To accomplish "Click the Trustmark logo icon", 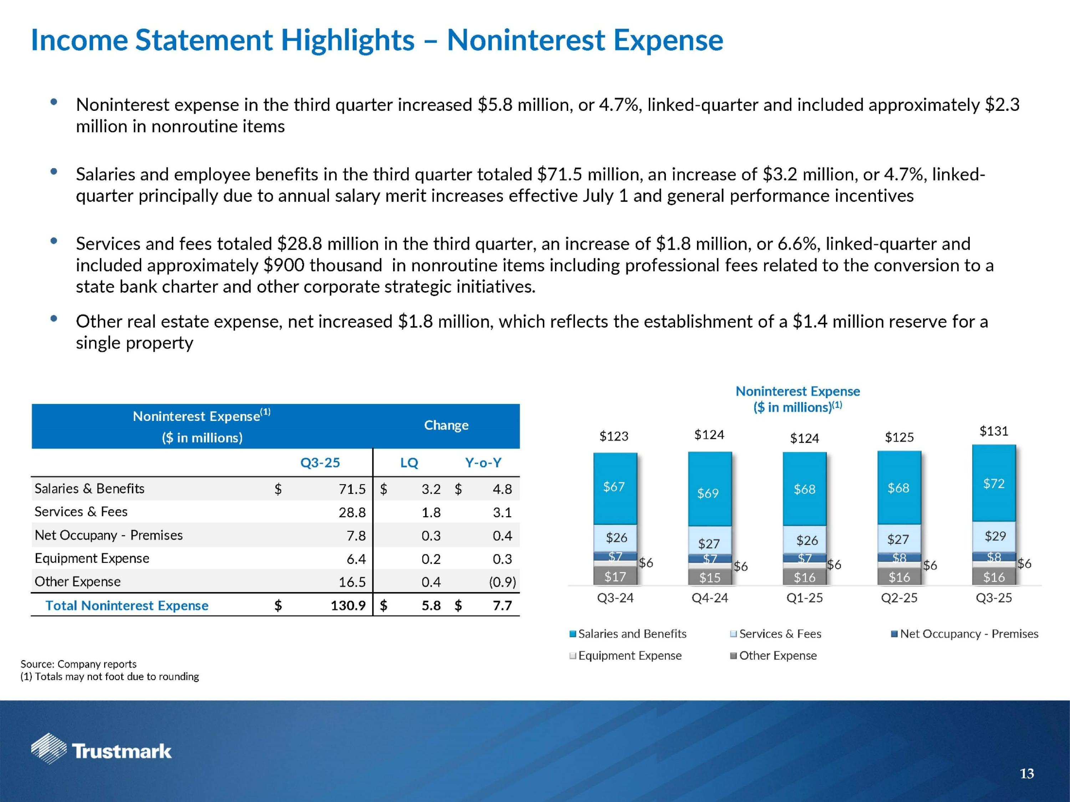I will (49, 748).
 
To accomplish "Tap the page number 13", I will (1026, 774).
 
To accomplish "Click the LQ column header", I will (409, 463).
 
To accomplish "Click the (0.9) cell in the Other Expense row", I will (502, 582).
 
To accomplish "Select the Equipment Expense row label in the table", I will (92, 558).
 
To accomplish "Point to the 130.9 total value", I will (348, 606).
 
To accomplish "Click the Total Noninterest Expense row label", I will (127, 606).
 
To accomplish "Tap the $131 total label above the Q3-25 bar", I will (994, 431).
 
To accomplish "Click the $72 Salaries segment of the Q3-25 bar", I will (994, 483).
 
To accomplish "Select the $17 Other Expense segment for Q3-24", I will (615, 577).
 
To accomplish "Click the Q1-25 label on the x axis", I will (804, 598).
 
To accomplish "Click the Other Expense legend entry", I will (777, 656).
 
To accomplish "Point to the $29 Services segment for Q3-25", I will (995, 536).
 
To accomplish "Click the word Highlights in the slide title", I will (347, 40).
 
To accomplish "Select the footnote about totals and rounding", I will (110, 676).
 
